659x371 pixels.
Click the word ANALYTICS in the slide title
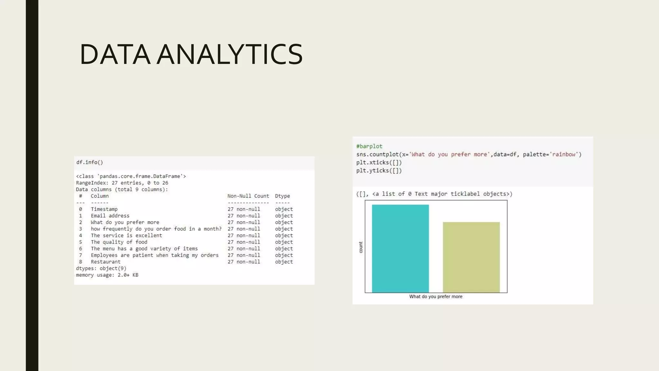tap(230, 54)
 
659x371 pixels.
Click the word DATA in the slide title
tap(115, 54)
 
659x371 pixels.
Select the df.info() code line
tap(89, 162)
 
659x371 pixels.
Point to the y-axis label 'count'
tap(361, 247)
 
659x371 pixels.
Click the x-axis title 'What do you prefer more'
tap(436, 297)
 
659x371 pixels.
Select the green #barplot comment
tap(369, 146)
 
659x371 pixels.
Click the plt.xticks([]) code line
tap(379, 163)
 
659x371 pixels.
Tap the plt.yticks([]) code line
tap(379, 171)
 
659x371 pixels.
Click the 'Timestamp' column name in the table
tap(104, 209)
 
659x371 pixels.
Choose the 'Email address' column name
tap(110, 216)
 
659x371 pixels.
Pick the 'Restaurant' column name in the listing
tap(106, 262)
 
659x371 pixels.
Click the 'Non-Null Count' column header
tap(248, 196)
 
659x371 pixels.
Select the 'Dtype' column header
tap(282, 196)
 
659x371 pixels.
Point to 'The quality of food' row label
tap(119, 242)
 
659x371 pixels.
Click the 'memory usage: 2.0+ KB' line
tap(107, 275)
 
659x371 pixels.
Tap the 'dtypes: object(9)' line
tap(101, 268)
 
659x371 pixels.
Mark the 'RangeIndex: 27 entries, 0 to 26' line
tap(122, 183)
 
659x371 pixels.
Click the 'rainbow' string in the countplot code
tap(564, 155)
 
